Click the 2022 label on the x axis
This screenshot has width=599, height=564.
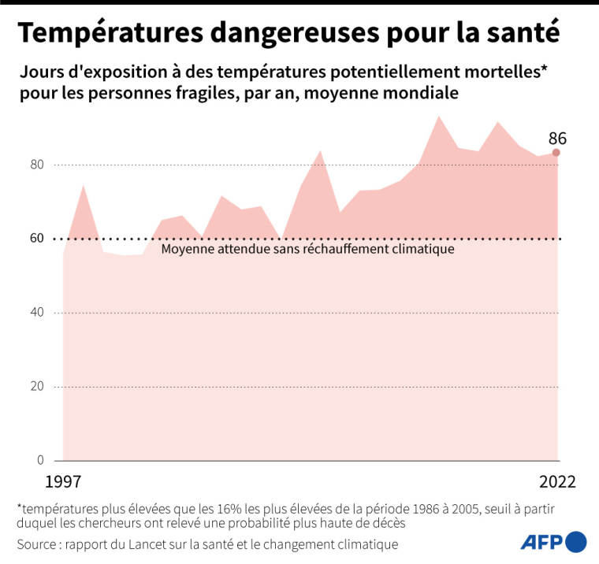point(558,481)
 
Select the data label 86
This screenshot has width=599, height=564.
point(557,139)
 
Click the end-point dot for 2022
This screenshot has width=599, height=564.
point(556,153)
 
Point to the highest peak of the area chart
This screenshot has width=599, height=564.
point(439,117)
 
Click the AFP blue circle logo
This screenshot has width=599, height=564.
point(576,541)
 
